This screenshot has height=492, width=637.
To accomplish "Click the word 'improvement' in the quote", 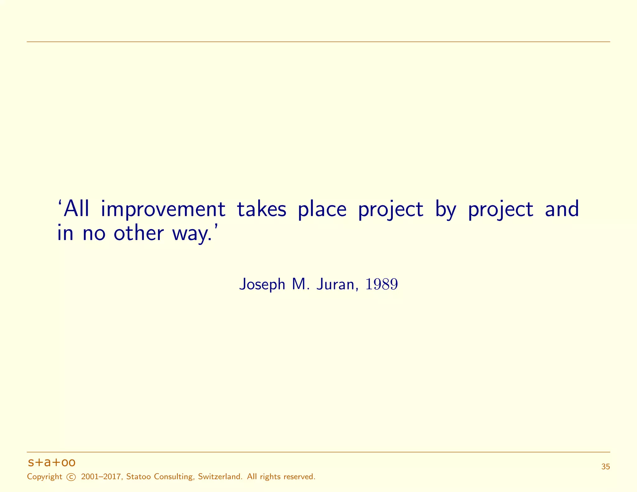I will click(163, 209).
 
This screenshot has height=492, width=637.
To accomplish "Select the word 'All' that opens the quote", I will click(77, 209).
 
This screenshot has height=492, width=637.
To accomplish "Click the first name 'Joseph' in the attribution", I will click(262, 284).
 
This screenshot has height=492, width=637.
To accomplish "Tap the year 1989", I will click(382, 284).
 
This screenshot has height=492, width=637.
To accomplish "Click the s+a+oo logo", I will click(52, 462).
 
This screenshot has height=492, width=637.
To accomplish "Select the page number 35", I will click(606, 467).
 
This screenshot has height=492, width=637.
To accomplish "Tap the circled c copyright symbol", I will click(71, 477).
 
